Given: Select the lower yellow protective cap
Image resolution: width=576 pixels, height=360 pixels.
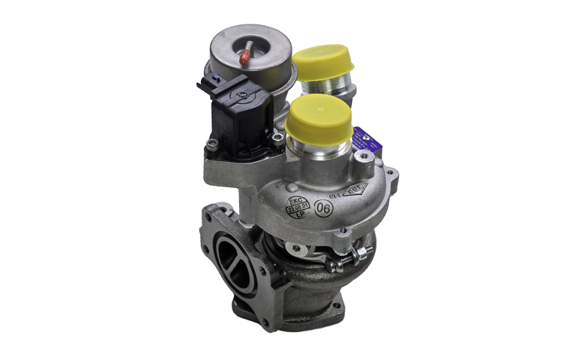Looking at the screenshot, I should pos(318,120).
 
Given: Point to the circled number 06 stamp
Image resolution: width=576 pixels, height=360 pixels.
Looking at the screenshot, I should pos(324,206).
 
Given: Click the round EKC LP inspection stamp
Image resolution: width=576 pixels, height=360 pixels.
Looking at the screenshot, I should pos(297,205).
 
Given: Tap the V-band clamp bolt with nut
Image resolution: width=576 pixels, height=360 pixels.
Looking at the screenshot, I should pos(348,258).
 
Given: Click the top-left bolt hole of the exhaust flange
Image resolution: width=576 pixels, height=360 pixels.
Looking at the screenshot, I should pos(211,214).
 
